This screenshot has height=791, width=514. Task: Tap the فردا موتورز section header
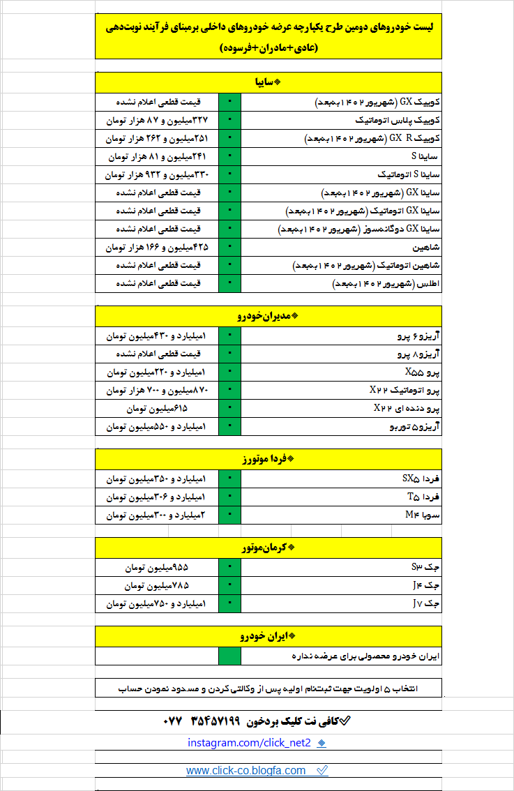pos(269,459)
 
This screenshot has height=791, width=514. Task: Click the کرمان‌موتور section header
pos(269,548)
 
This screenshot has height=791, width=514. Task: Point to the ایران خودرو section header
pos(269,636)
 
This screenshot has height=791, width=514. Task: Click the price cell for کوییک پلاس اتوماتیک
pos(157,121)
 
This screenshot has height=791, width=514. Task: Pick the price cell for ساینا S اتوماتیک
pos(157,174)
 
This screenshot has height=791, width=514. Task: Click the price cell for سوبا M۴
pos(157,515)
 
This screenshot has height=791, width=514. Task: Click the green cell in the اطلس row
pos(229,283)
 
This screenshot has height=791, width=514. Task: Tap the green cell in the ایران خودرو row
pos(229,656)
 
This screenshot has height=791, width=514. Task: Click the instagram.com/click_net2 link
pos(249,743)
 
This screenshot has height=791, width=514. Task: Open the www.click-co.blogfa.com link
pos(246,771)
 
